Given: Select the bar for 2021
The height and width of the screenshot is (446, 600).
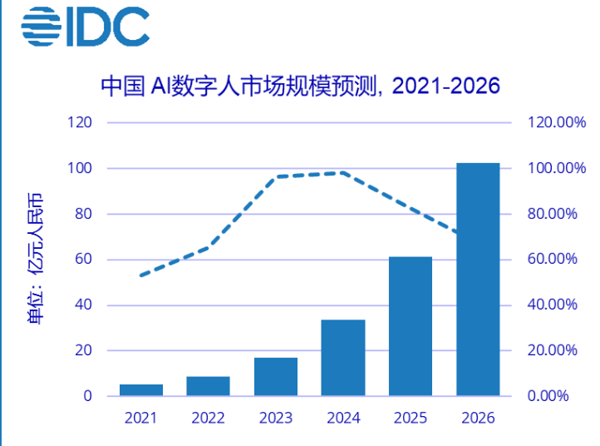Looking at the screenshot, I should (x=141, y=390).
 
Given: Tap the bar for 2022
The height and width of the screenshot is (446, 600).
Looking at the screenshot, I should (x=209, y=386).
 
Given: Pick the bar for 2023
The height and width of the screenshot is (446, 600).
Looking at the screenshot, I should (x=276, y=377).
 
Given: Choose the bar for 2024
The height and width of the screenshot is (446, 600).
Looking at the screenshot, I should (x=343, y=358).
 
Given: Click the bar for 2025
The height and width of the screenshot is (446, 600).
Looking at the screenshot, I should (x=411, y=326).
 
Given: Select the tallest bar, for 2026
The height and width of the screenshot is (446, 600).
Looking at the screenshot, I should (x=478, y=280).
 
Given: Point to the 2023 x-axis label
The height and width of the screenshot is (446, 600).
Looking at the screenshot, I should (x=276, y=418).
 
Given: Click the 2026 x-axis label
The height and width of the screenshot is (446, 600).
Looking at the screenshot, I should (x=478, y=418).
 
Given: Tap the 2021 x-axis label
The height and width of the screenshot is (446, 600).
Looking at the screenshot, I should (x=141, y=418).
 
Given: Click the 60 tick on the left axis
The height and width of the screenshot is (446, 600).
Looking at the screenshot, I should (x=84, y=260).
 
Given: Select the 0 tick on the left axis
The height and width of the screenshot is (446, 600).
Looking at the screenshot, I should (x=87, y=396).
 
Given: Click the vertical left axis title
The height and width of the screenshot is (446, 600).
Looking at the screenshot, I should (x=36, y=258).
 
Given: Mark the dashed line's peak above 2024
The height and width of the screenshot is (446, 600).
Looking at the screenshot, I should (x=342, y=172).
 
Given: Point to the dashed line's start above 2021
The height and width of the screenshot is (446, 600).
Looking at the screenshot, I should (x=140, y=275).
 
